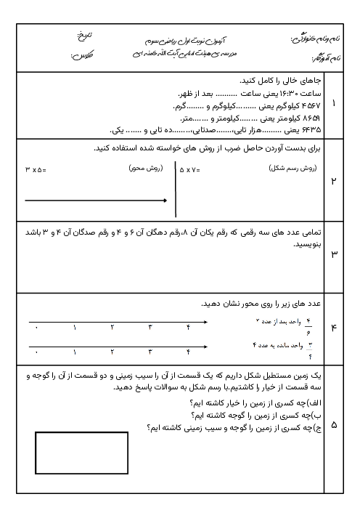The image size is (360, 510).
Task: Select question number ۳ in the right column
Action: (x=333, y=254)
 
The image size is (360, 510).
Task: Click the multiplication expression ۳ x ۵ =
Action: (x=35, y=170)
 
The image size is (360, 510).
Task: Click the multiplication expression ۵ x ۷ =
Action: (x=189, y=170)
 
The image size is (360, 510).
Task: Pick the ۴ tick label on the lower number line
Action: (x=188, y=352)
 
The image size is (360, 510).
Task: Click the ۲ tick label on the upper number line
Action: (x=112, y=328)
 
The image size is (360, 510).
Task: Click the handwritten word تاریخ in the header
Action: (x=86, y=34)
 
